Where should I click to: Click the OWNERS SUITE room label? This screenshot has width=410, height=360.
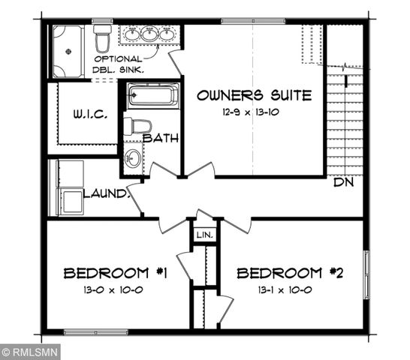(x=254, y=95)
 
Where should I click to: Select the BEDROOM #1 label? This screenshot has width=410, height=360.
(x=114, y=273)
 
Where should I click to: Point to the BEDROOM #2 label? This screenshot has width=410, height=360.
(x=290, y=273)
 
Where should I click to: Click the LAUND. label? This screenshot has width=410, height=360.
(x=107, y=193)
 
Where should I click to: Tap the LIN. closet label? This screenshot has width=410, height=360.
(x=204, y=235)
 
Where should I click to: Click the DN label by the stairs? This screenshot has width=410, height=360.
(x=345, y=181)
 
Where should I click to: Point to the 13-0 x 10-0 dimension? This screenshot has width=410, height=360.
(x=114, y=289)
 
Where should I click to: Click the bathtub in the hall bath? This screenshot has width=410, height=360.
(x=153, y=96)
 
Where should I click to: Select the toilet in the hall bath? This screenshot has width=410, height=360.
(x=137, y=126)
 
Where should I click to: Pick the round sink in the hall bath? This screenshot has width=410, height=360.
(x=133, y=158)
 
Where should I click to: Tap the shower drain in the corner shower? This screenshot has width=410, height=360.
(x=67, y=52)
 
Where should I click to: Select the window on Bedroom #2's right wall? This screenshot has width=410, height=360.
(x=366, y=272)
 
